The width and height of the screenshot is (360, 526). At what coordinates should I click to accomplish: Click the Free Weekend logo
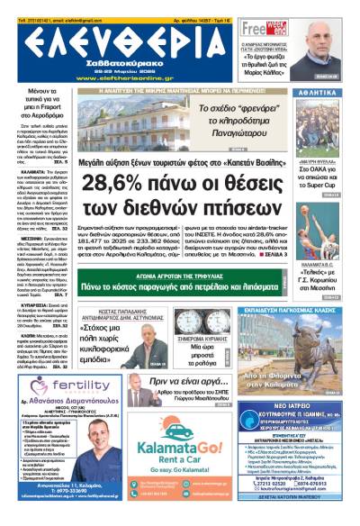261,29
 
